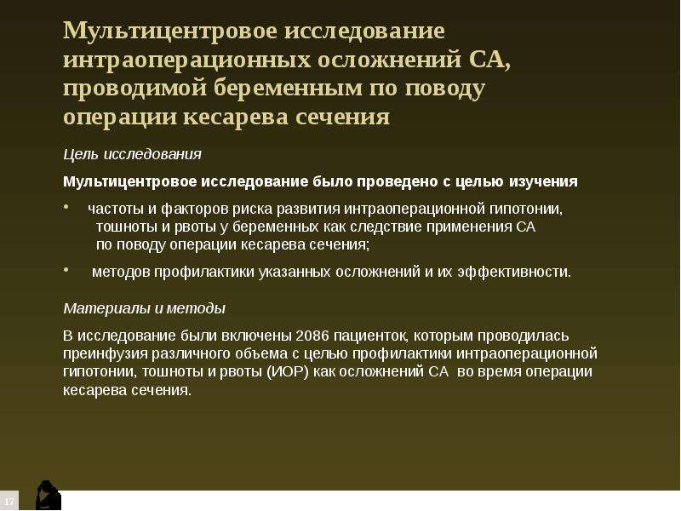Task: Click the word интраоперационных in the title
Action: click(187, 59)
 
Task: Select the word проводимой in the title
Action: click(134, 89)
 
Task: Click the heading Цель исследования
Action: click(133, 154)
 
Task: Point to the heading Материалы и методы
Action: click(145, 308)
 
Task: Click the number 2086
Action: click(312, 336)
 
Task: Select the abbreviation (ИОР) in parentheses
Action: click(287, 372)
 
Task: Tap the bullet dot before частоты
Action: click(66, 207)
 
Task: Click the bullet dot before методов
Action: click(66, 270)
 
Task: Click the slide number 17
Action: click(9, 502)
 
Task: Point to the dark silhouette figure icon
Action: click(48, 495)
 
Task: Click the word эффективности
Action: click(514, 272)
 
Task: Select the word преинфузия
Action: click(105, 353)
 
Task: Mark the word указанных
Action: click(295, 272)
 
